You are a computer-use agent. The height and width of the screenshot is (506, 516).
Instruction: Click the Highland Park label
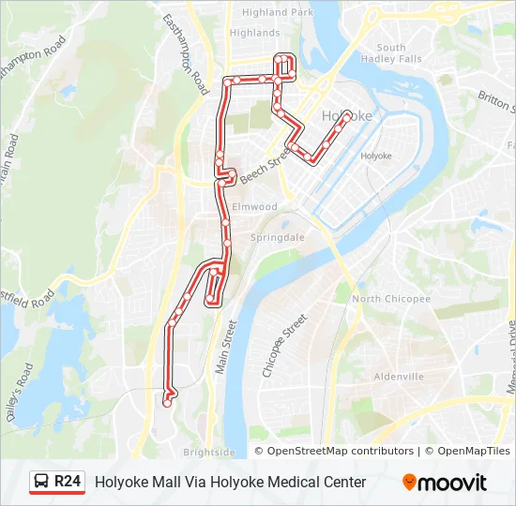pos(278,12)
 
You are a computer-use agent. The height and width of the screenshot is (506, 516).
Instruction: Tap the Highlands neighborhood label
pos(254,33)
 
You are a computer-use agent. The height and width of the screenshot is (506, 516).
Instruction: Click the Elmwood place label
pos(254,206)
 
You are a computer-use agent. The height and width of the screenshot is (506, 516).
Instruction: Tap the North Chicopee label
pos(391,299)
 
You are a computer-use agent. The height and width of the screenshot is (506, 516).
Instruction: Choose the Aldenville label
pos(399,377)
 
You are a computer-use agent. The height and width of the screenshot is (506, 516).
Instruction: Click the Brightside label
pos(209,452)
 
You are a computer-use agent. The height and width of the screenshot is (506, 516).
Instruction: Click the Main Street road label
pos(225,348)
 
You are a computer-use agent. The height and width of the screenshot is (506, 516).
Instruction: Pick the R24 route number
pos(68,482)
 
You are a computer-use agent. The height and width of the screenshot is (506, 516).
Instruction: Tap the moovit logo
pos(445,483)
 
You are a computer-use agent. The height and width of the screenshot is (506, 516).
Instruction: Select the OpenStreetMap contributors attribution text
pos(340,452)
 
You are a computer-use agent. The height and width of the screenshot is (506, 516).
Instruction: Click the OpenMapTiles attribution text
pos(474,452)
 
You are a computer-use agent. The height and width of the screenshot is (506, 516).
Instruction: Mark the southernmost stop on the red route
pos(167,403)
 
